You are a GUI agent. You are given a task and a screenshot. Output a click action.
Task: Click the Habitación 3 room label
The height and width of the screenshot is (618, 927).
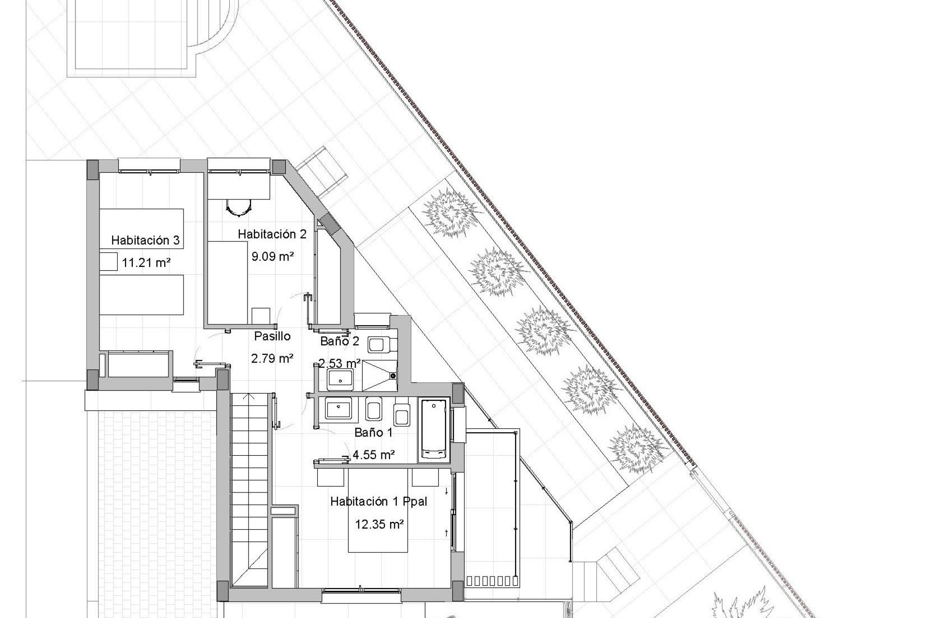point(145,240)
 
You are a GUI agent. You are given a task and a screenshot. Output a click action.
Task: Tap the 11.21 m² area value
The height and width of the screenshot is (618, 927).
point(146,263)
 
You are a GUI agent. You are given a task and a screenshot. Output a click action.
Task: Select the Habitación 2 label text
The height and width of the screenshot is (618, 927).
point(272,234)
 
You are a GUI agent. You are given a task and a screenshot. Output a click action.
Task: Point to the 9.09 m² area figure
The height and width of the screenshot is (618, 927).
point(272,256)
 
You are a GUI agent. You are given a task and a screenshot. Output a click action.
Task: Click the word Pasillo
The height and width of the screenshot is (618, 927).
point(272,336)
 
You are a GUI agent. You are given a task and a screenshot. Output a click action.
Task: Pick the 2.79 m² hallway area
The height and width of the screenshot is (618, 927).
point(272,358)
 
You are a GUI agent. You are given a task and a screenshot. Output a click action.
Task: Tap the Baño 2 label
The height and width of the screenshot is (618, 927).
point(340,341)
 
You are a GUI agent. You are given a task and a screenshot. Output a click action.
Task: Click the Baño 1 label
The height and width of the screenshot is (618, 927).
point(373,433)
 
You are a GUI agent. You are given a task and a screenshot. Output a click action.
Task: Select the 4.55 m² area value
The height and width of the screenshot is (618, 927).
point(374,454)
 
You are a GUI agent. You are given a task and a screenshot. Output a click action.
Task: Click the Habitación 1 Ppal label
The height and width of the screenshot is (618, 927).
point(379,502)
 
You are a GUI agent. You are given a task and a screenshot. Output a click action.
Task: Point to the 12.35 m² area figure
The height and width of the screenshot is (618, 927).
point(379,524)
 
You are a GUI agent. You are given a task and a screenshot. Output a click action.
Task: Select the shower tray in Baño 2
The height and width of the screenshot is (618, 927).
point(380,375)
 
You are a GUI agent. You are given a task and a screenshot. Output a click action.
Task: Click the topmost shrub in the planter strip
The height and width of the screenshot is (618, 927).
point(451,212)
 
